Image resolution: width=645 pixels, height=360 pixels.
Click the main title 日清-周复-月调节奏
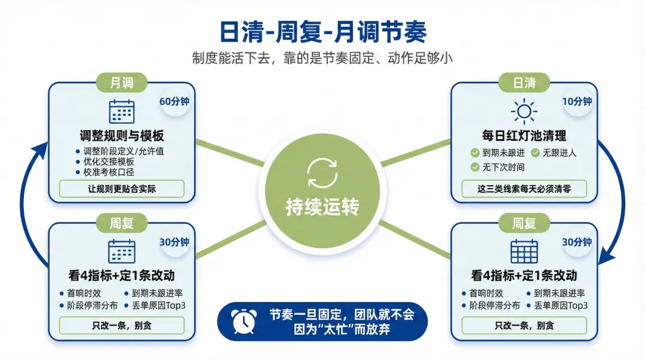pyautogui.click(x=322, y=31)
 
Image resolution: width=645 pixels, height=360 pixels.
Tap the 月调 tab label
pyautogui.click(x=122, y=83)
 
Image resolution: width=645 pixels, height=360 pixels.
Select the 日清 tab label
pyautogui.click(x=524, y=83)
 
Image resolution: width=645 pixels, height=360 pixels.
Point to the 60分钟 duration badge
pyautogui.click(x=174, y=101)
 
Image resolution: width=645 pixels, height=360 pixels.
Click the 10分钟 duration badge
pyautogui.click(x=577, y=101)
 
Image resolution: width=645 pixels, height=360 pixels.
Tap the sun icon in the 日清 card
pyautogui.click(x=524, y=111)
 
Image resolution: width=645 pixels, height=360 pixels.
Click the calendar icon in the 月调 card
pyautogui.click(x=122, y=112)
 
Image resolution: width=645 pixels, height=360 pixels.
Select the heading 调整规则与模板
pyautogui.click(x=122, y=135)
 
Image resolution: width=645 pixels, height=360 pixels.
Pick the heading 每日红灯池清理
pyautogui.click(x=524, y=135)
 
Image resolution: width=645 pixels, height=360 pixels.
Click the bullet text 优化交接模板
pyautogui.click(x=109, y=162)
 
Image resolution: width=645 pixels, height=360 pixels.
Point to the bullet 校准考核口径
pyautogui.click(x=109, y=172)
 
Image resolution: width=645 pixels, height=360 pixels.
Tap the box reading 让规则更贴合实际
pyautogui.click(x=122, y=189)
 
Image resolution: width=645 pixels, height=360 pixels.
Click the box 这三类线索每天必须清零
pyautogui.click(x=524, y=189)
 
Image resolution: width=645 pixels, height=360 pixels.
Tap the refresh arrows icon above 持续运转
pyautogui.click(x=322, y=173)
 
